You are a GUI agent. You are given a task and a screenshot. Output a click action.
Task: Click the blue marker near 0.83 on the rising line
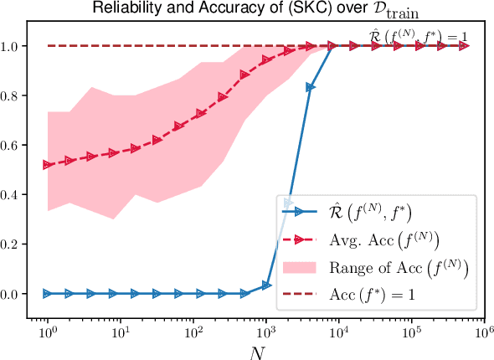(x=311, y=87)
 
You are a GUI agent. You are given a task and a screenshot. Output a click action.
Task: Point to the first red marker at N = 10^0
(x=48, y=165)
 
